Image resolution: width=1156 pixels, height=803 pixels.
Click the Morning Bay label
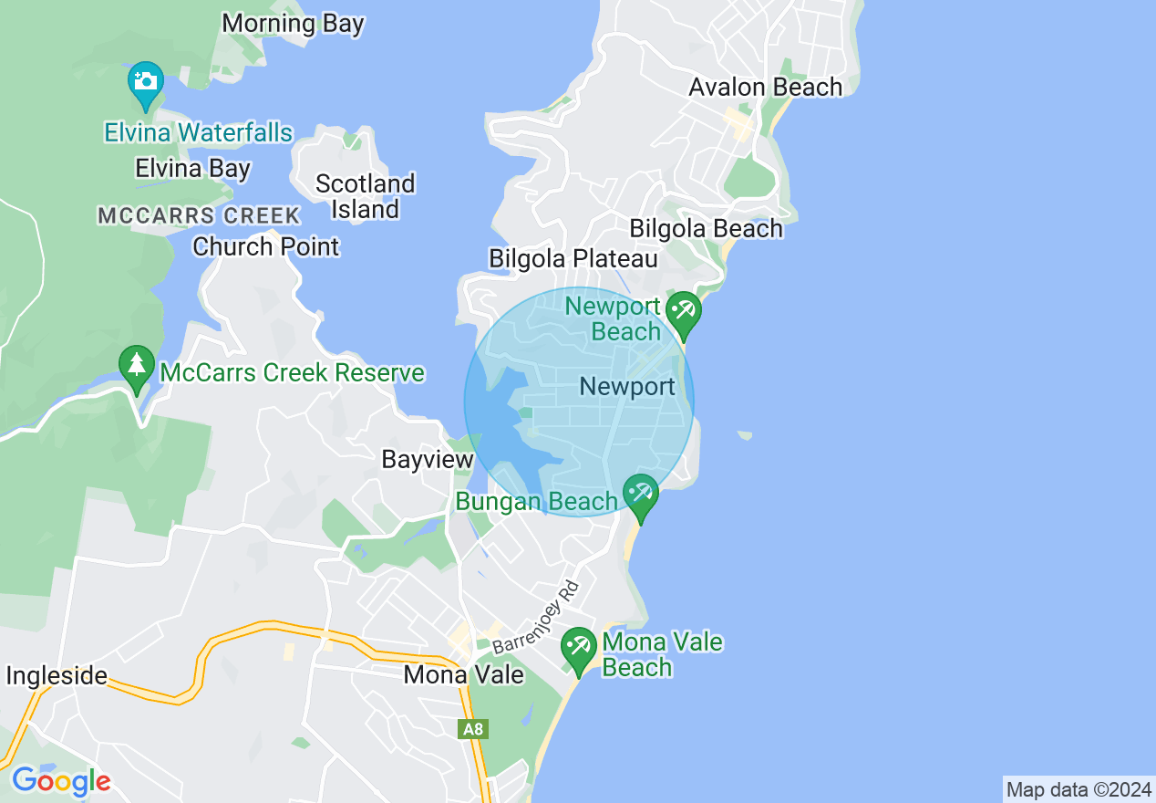(x=293, y=24)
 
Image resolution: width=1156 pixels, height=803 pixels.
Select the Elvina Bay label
(x=192, y=169)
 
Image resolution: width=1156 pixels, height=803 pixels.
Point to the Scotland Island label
(x=365, y=196)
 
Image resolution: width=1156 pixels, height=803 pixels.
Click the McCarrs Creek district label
(x=199, y=216)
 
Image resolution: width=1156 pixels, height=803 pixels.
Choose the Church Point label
(x=265, y=246)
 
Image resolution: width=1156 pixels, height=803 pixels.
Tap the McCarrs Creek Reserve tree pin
(x=137, y=367)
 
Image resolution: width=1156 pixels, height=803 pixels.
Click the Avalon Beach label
(x=765, y=88)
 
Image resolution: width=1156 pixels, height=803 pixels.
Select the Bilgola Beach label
(x=706, y=228)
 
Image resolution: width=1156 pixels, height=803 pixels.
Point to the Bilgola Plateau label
(x=573, y=259)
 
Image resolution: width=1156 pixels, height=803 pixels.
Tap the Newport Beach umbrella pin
(x=683, y=312)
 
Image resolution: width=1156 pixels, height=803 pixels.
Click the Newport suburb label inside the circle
(x=627, y=387)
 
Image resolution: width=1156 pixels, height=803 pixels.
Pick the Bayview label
(x=428, y=459)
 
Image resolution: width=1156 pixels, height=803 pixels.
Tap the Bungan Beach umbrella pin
(x=641, y=495)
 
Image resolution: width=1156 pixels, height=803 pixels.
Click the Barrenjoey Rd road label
(x=536, y=617)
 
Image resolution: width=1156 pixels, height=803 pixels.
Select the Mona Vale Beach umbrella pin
(x=578, y=648)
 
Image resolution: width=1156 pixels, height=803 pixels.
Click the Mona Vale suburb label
(x=463, y=675)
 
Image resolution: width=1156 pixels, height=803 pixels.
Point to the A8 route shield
(x=473, y=729)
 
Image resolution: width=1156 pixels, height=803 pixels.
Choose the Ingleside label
(x=57, y=676)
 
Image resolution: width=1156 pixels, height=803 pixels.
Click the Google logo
(x=61, y=781)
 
